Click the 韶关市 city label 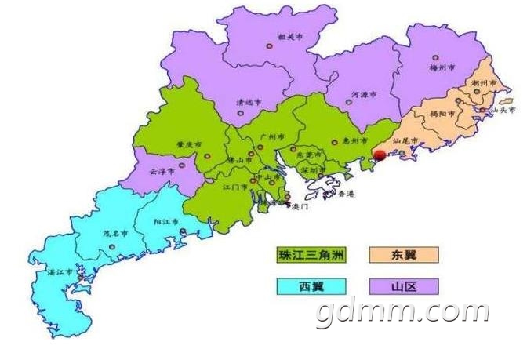(289, 36)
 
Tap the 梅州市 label (444, 68)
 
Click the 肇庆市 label (189, 145)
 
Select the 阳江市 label (165, 223)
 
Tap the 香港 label (344, 193)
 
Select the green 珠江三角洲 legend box (310, 254)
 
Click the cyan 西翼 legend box (310, 286)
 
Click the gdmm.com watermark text (402, 312)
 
